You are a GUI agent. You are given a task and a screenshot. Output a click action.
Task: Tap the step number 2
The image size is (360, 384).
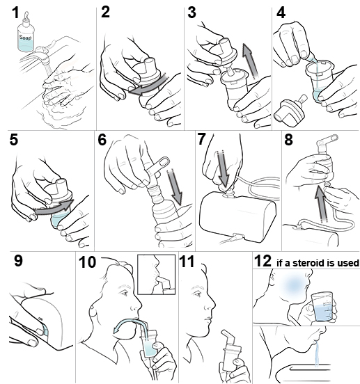106,11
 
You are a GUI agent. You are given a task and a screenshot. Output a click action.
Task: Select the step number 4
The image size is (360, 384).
281,11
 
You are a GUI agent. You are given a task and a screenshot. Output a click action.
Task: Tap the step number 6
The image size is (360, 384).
102,139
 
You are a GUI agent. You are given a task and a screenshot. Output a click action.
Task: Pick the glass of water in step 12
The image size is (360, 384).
321,305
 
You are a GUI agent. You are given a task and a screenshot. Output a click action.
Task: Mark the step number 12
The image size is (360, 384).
263,262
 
